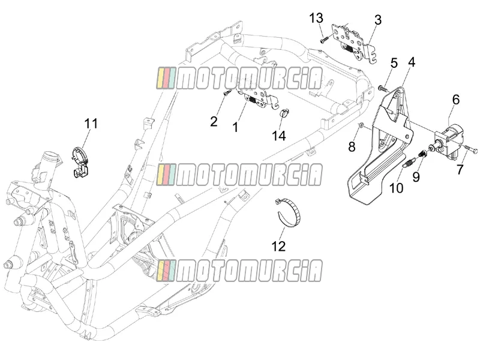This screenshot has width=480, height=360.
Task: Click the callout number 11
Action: coord(91,124)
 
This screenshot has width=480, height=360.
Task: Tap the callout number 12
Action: coord(278,246)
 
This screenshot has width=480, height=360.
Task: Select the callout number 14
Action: coord(279,136)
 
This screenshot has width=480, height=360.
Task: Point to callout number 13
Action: coord(316,18)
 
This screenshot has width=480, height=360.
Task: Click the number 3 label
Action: coord(378,20)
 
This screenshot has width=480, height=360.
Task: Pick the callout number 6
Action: coord(456,100)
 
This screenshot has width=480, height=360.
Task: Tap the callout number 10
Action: coord(397,188)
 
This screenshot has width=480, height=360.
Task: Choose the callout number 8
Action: coord(352,147)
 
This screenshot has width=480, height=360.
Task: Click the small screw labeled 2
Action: coord(227,93)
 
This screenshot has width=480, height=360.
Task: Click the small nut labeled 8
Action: coord(361,125)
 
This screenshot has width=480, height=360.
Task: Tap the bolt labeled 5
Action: coord(383,88)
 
